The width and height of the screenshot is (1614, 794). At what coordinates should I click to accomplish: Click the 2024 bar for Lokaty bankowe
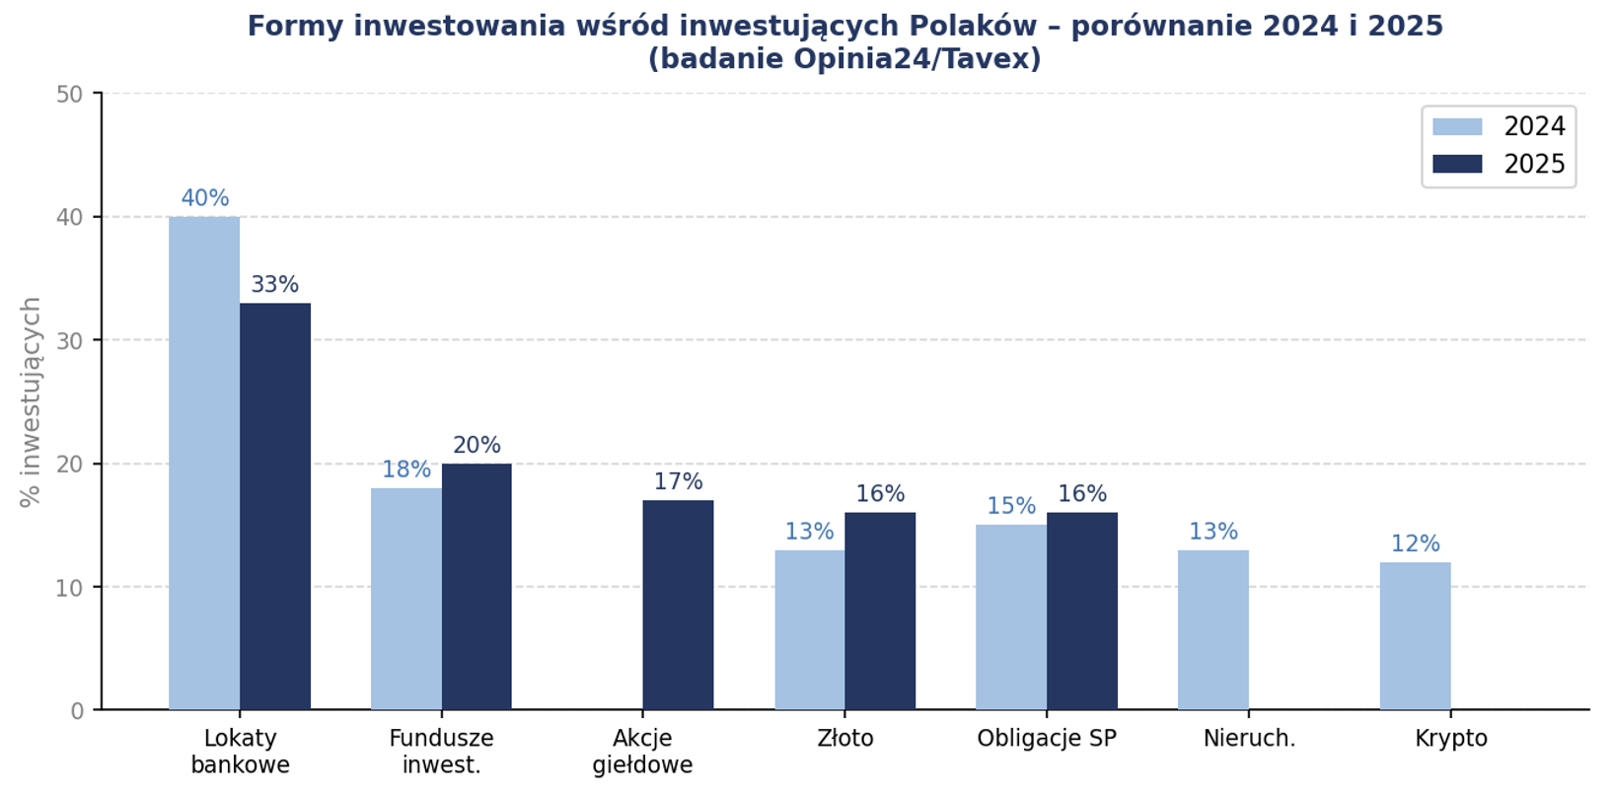(204, 463)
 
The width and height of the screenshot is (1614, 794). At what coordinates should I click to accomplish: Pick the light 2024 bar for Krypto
(1415, 636)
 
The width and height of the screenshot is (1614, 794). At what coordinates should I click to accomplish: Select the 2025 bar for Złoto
(880, 611)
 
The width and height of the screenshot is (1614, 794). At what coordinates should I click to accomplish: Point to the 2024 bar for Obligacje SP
(1011, 617)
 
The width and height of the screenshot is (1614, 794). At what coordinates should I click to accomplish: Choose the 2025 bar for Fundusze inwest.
(477, 586)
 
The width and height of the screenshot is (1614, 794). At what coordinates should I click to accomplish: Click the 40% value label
(204, 198)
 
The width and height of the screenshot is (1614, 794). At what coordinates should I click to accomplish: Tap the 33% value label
(275, 285)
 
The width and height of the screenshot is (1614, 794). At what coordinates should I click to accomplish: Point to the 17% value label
(678, 482)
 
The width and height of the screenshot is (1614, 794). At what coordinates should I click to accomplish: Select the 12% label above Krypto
(1415, 544)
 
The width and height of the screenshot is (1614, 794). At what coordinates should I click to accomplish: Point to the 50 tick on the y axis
(69, 95)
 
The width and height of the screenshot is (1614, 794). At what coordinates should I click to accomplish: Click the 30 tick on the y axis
(69, 341)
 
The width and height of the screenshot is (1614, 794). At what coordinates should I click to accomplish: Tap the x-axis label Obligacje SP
(1047, 739)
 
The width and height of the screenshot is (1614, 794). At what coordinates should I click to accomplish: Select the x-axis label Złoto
(845, 739)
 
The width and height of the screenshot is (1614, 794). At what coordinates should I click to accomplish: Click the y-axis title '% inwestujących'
(31, 401)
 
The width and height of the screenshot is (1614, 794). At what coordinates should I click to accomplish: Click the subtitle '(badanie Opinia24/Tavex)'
(844, 59)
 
